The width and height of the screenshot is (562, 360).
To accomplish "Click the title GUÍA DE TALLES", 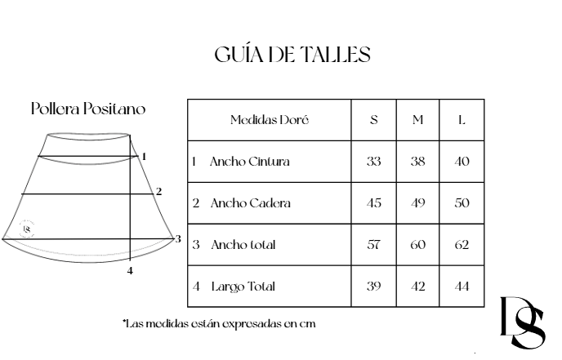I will click(292, 55).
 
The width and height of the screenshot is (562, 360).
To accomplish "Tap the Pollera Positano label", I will click(89, 109).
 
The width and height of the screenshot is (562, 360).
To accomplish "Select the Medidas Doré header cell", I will click(269, 120).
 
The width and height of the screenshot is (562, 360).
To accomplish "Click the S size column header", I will click(374, 120).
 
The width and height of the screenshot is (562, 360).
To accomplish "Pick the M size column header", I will click(417, 120).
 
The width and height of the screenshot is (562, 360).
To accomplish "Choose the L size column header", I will click(462, 120).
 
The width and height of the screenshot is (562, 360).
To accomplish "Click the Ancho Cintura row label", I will click(249, 162).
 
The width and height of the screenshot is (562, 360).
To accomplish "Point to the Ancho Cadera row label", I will click(249, 203).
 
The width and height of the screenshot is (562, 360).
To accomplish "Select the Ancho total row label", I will click(243, 245).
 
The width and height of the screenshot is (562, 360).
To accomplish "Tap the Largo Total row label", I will click(243, 287).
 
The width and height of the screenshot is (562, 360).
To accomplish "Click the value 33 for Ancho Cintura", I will click(374, 162).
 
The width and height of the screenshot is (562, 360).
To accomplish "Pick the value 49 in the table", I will click(417, 203).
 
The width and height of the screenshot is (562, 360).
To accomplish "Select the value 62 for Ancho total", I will click(462, 245).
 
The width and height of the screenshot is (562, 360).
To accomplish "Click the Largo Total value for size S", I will click(374, 287).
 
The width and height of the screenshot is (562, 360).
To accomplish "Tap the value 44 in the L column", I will click(462, 287).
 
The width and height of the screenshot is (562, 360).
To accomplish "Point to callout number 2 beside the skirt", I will click(158, 192).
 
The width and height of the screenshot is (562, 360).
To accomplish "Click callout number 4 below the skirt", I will click(130, 271).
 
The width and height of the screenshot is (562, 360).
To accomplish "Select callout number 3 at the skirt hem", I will click(177, 238).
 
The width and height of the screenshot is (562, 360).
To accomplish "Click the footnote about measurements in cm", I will click(219, 323).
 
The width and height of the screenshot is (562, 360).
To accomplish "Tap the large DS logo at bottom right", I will click(523, 323).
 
